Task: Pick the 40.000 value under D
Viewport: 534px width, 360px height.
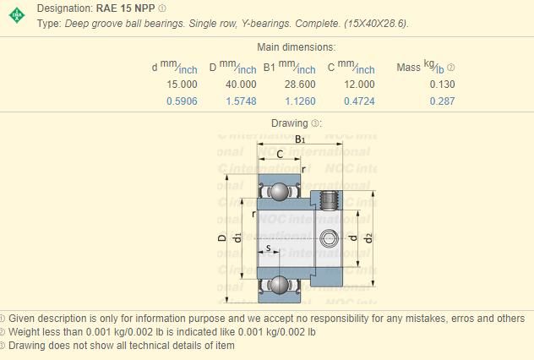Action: pyautogui.click(x=240, y=85)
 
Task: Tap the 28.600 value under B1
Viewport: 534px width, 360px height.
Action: pyautogui.click(x=299, y=85)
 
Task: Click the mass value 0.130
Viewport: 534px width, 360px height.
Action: pyautogui.click(x=441, y=85)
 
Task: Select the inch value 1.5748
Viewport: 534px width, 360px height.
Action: pyautogui.click(x=240, y=101)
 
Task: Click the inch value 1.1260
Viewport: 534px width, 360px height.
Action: pyautogui.click(x=299, y=101)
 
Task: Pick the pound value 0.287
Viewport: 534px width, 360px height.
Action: pyautogui.click(x=441, y=101)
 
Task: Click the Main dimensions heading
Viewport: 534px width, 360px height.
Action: pyautogui.click(x=296, y=47)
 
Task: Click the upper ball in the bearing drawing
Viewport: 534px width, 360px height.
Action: pyautogui.click(x=280, y=192)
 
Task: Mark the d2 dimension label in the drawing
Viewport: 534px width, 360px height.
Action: pyautogui.click(x=369, y=239)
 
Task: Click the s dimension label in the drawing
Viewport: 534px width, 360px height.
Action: pyautogui.click(x=269, y=248)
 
